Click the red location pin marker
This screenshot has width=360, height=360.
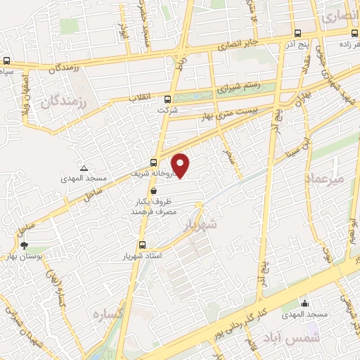[181, 165]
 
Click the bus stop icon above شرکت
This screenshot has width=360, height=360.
[167, 99]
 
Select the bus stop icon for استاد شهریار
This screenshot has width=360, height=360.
[143, 245]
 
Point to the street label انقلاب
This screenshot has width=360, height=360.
[141, 99]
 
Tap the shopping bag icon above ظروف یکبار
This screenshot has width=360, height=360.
[153, 190]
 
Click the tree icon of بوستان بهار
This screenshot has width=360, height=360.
[25, 245]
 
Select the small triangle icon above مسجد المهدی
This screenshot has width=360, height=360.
[84, 168]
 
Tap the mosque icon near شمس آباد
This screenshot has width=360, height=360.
[305, 304]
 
